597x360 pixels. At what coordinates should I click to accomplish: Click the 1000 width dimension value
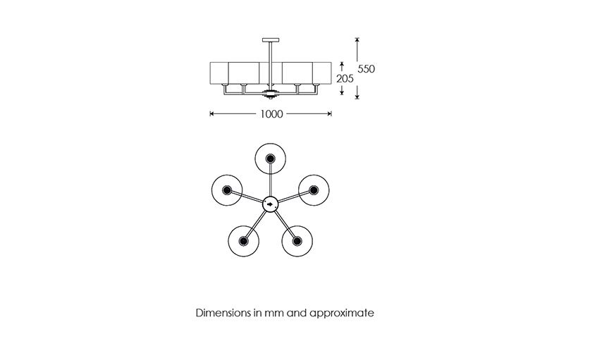(271, 114)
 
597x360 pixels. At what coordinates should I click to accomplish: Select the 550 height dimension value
(366, 69)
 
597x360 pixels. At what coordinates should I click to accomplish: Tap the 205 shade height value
(345, 79)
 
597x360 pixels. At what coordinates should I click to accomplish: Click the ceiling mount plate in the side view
(271, 40)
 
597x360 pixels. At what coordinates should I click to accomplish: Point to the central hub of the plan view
(271, 204)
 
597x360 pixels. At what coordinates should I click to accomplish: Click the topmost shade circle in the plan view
(271, 144)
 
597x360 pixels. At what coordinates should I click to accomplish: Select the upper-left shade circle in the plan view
(211, 190)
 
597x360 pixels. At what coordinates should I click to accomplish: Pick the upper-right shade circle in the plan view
(329, 190)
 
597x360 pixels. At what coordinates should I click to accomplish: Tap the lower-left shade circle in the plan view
(228, 241)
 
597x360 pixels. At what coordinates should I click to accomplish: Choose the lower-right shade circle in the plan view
(312, 241)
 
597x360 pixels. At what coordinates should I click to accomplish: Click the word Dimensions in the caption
(223, 313)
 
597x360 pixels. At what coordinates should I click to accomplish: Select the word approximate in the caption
(342, 314)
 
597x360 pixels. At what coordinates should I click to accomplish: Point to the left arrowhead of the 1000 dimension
(212, 114)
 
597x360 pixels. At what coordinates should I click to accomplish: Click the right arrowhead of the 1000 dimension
(329, 114)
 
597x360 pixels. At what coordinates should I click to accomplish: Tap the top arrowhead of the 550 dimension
(357, 40)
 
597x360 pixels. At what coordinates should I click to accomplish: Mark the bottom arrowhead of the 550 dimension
(357, 97)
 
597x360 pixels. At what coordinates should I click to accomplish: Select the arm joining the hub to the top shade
(271, 180)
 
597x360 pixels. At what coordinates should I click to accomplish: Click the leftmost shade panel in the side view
(219, 73)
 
